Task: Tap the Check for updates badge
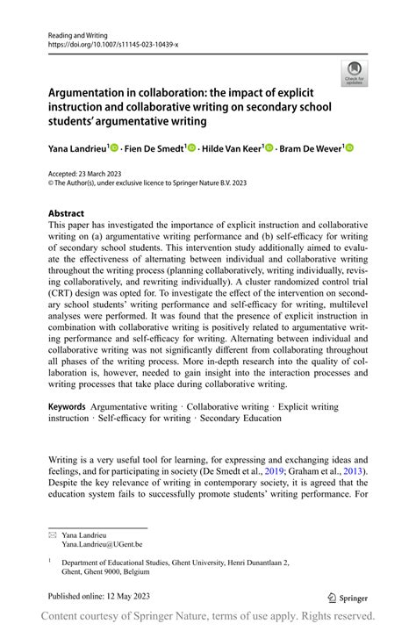(355, 73)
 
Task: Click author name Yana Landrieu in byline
(77, 149)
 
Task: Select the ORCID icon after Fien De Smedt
(191, 149)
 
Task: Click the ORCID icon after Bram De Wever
(349, 149)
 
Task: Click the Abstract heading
(67, 213)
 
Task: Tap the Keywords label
(67, 406)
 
